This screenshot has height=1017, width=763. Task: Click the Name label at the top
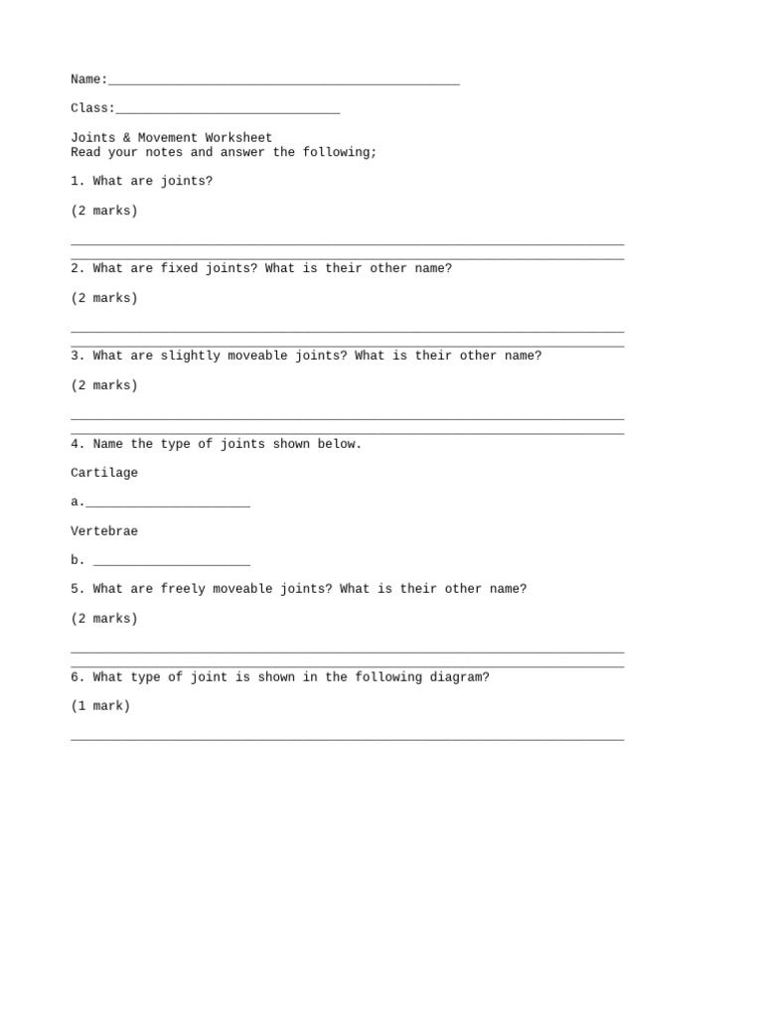tap(88, 79)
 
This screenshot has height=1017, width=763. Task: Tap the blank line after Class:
tap(228, 111)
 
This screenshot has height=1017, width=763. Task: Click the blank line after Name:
tap(283, 82)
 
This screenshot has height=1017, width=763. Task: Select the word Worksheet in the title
tap(238, 138)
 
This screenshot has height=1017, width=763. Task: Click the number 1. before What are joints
tap(77, 182)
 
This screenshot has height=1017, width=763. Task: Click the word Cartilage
tap(104, 474)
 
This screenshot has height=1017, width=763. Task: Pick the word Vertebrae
tap(104, 532)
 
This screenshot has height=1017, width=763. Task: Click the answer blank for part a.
tap(168, 506)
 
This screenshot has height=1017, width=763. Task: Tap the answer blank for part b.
tap(171, 564)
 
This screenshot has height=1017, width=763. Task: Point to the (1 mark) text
tap(100, 707)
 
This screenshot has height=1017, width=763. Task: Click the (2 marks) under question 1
tap(104, 212)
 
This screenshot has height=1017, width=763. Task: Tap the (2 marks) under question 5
tap(104, 620)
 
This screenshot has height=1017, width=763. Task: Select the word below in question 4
tap(340, 445)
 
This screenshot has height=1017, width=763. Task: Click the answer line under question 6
tap(348, 739)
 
